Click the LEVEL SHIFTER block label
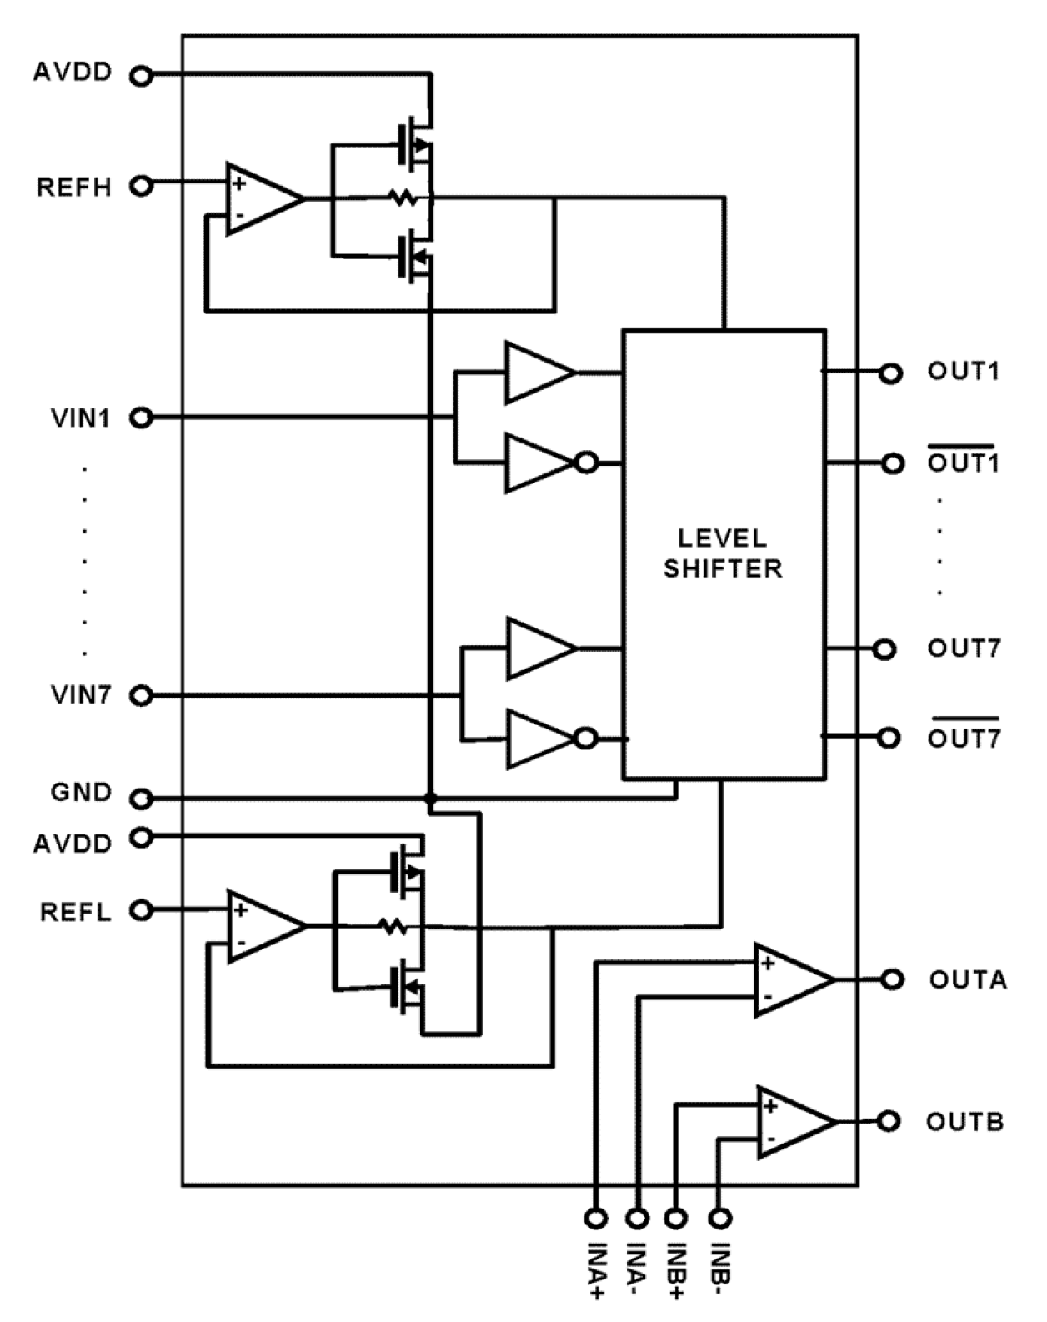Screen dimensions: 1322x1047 pyautogui.click(x=723, y=553)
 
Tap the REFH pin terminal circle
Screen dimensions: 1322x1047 pyautogui.click(x=142, y=185)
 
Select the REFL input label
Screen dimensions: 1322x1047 pyautogui.click(x=75, y=912)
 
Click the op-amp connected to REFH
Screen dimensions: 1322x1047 pyautogui.click(x=262, y=198)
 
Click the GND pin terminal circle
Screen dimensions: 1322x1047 pyautogui.click(x=142, y=799)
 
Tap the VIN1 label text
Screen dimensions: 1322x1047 pyautogui.click(x=81, y=418)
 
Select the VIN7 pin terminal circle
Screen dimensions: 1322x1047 pyautogui.click(x=142, y=695)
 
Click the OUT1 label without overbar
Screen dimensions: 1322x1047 pyautogui.click(x=963, y=371)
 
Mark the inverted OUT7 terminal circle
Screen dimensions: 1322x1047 pyautogui.click(x=889, y=738)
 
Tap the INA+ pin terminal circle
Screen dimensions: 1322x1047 pyautogui.click(x=595, y=1218)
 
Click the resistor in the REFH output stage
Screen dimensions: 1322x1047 pyautogui.click(x=403, y=198)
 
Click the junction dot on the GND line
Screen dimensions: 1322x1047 pyautogui.click(x=430, y=799)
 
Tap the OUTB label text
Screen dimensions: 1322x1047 pyautogui.click(x=964, y=1122)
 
